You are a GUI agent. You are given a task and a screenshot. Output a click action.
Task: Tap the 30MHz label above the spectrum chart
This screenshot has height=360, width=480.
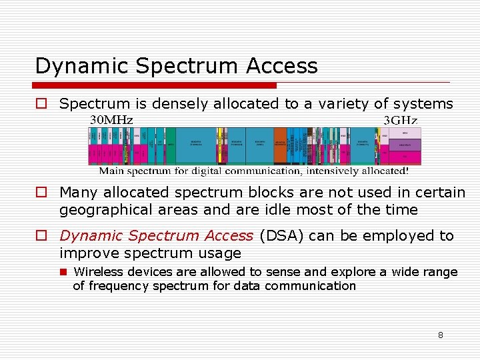(x=111, y=120)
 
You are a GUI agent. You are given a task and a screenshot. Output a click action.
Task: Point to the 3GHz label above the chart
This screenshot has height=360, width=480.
(x=401, y=120)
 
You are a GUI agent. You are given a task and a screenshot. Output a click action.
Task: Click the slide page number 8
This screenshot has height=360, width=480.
(x=440, y=335)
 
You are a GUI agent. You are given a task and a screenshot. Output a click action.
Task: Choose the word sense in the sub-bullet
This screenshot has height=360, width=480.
(x=281, y=272)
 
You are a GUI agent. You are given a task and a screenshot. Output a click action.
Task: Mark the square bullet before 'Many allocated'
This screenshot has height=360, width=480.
(x=41, y=193)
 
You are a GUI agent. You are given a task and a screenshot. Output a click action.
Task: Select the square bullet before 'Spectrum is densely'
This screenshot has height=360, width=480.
(x=41, y=104)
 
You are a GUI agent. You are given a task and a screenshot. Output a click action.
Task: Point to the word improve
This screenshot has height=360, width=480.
(x=85, y=253)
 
